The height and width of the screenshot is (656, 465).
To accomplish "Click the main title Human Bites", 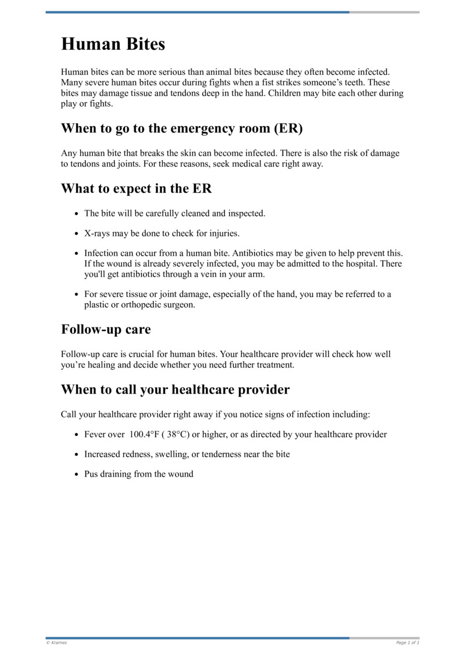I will tap(113, 44).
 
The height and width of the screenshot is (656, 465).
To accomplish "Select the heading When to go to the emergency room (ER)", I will tap(182, 128).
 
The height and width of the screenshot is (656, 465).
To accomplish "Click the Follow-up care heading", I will tap(106, 329).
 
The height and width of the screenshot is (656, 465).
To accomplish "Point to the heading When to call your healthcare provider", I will tap(175, 390).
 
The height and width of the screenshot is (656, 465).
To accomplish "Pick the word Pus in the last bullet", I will tap(92, 474).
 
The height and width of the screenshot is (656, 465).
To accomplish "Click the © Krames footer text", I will tap(56, 643).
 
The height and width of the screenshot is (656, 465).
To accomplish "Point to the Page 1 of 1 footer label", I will tap(407, 643).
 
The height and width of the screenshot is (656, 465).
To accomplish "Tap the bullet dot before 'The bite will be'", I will tap(77, 214).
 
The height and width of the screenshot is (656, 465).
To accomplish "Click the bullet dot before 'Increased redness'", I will tap(77, 455).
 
